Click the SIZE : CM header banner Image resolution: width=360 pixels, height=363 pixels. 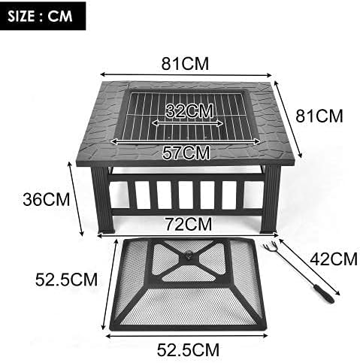(41, 16)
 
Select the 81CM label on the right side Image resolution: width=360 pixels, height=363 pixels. (319, 116)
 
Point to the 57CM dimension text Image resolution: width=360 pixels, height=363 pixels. (186, 153)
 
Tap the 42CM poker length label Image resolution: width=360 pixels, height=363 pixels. (332, 260)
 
